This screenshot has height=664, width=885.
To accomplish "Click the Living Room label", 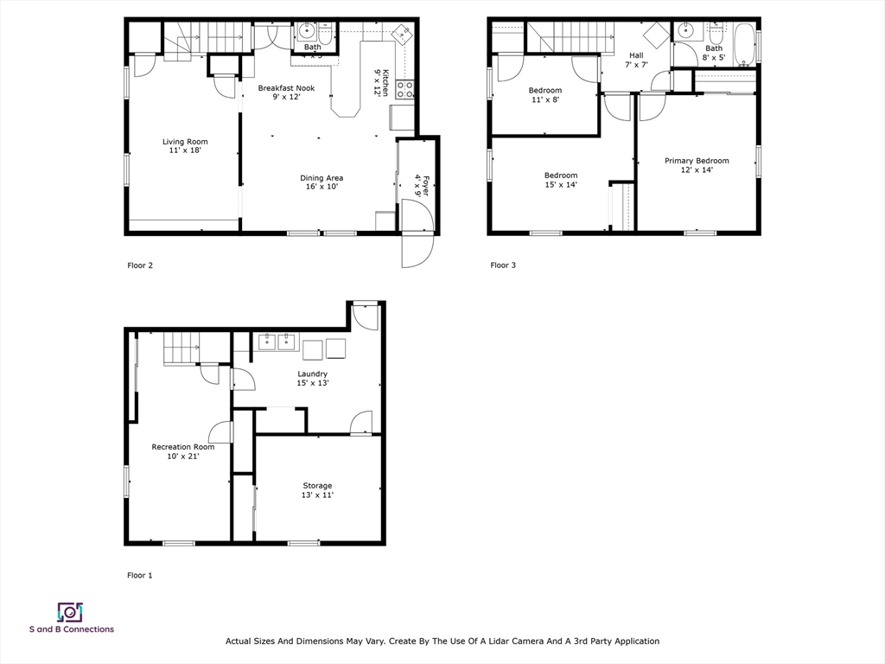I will (x=185, y=142).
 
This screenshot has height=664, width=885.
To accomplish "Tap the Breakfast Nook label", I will (x=286, y=88).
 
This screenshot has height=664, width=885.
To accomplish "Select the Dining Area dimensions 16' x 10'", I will (x=322, y=188).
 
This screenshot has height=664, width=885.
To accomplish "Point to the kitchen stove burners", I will (x=404, y=89).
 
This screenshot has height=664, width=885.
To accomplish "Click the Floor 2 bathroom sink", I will (x=308, y=33).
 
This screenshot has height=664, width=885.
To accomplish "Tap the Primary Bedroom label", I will (x=696, y=161).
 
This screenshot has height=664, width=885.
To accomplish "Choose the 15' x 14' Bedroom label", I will (x=560, y=176).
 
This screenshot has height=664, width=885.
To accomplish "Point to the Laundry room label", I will (x=312, y=374).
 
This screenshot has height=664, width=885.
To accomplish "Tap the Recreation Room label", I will (x=182, y=447).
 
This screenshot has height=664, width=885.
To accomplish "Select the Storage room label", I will (x=317, y=486).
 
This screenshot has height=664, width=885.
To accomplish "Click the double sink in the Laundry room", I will (x=276, y=342).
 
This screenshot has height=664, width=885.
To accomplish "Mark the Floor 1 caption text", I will (x=140, y=575).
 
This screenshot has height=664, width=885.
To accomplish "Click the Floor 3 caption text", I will (x=503, y=265).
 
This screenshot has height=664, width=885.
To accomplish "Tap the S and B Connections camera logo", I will (x=69, y=612).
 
